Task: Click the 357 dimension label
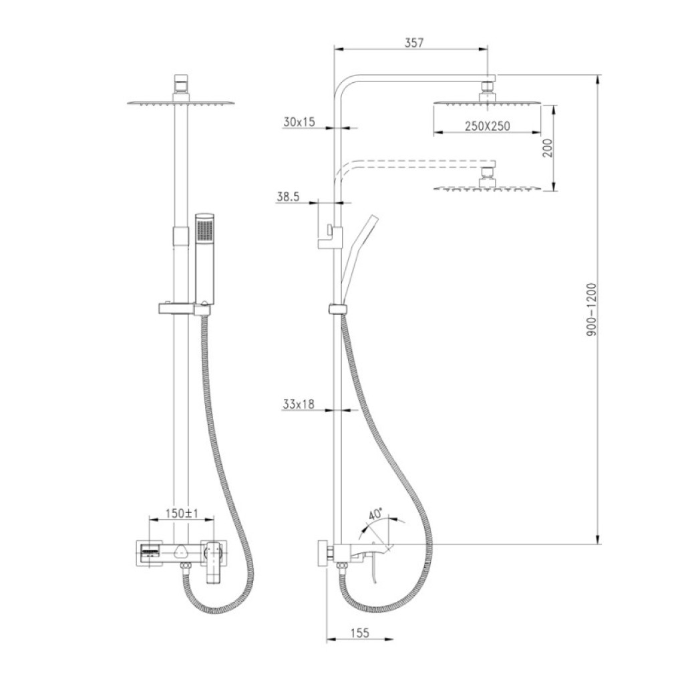(414, 43)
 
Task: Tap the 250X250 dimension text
(487, 126)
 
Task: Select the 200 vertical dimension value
(548, 148)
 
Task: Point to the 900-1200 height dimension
(591, 309)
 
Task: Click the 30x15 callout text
(299, 122)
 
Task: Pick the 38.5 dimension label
(288, 197)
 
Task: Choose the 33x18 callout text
(299, 404)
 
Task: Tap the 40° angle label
(375, 513)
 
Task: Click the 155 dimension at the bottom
(359, 633)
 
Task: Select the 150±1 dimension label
(182, 513)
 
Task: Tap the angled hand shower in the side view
(358, 257)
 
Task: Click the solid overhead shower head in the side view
(487, 103)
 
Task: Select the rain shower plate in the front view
(181, 103)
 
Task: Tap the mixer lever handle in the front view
(214, 562)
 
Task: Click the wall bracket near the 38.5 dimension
(330, 236)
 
